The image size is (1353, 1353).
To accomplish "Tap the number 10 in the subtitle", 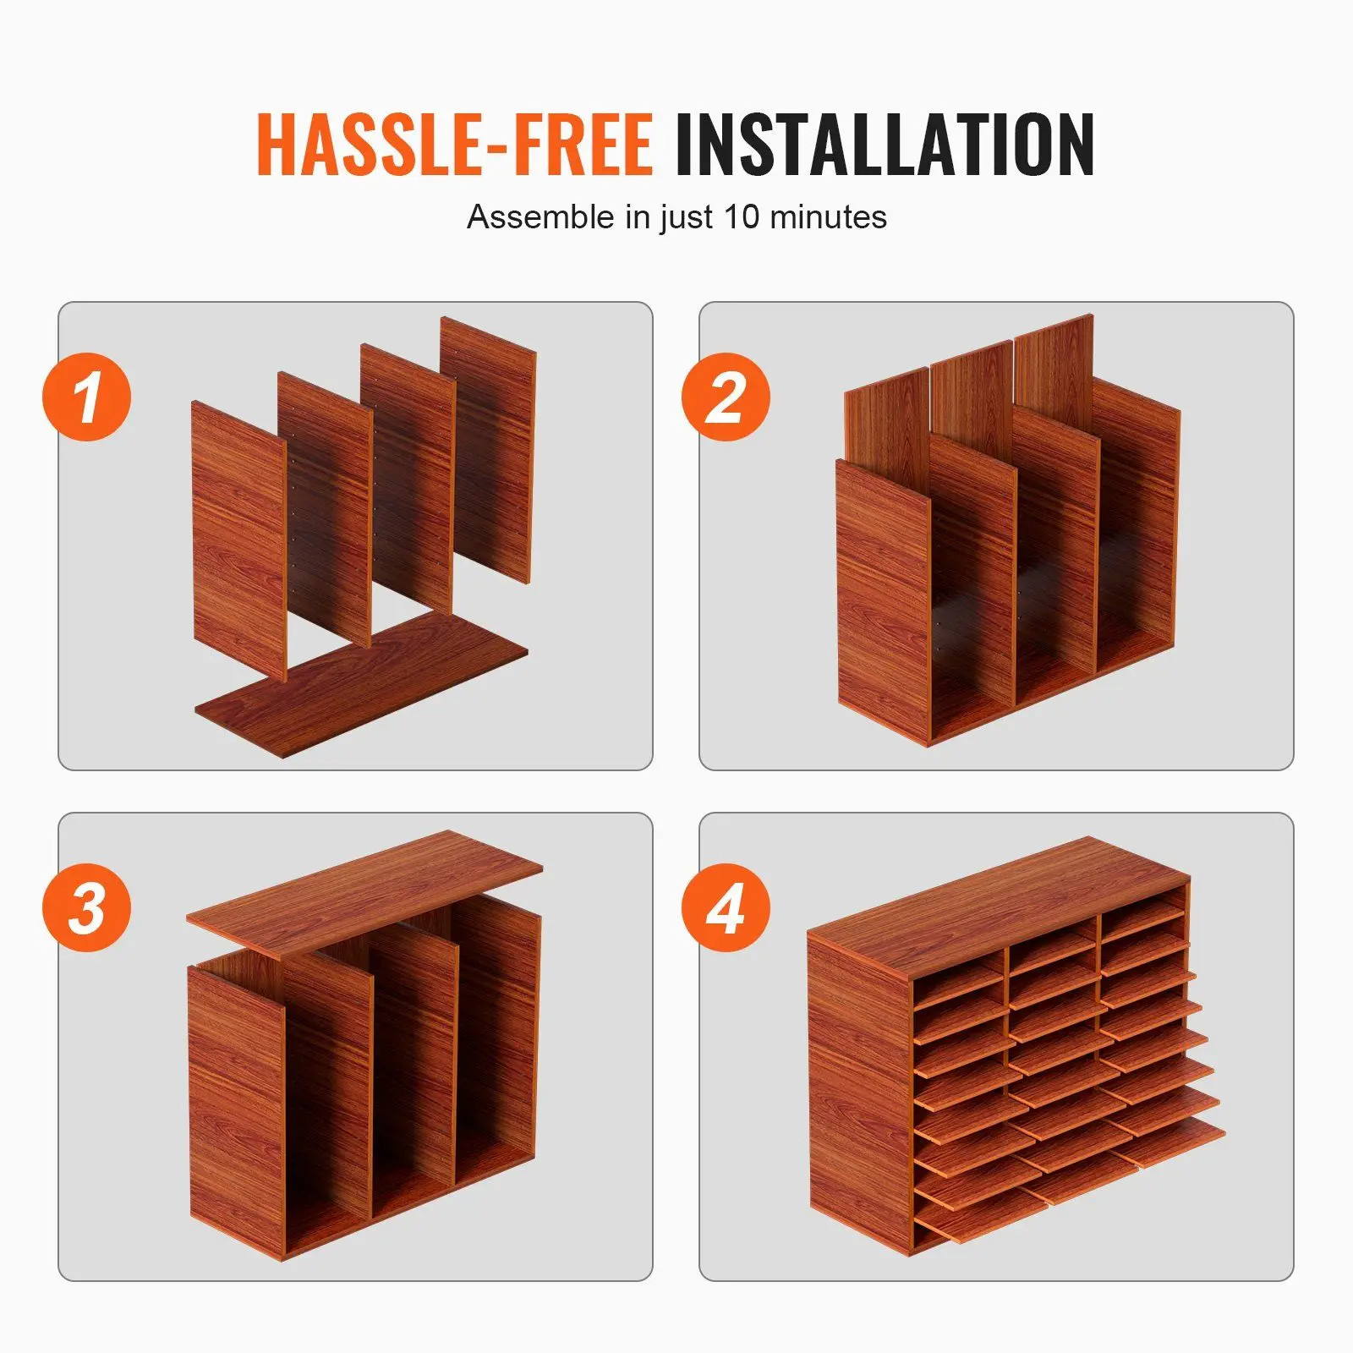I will pyautogui.click(x=742, y=217).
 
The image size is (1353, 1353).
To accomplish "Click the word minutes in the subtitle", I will pyautogui.click(x=828, y=217).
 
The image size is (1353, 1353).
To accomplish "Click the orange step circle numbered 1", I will pyautogui.click(x=87, y=397).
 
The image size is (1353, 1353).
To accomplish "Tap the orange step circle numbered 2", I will pyautogui.click(x=726, y=397).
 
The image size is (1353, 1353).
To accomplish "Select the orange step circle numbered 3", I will pyautogui.click(x=87, y=907).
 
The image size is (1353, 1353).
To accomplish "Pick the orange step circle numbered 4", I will pyautogui.click(x=726, y=907).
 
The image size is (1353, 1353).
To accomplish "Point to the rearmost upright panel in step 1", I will pyautogui.click(x=489, y=448).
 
